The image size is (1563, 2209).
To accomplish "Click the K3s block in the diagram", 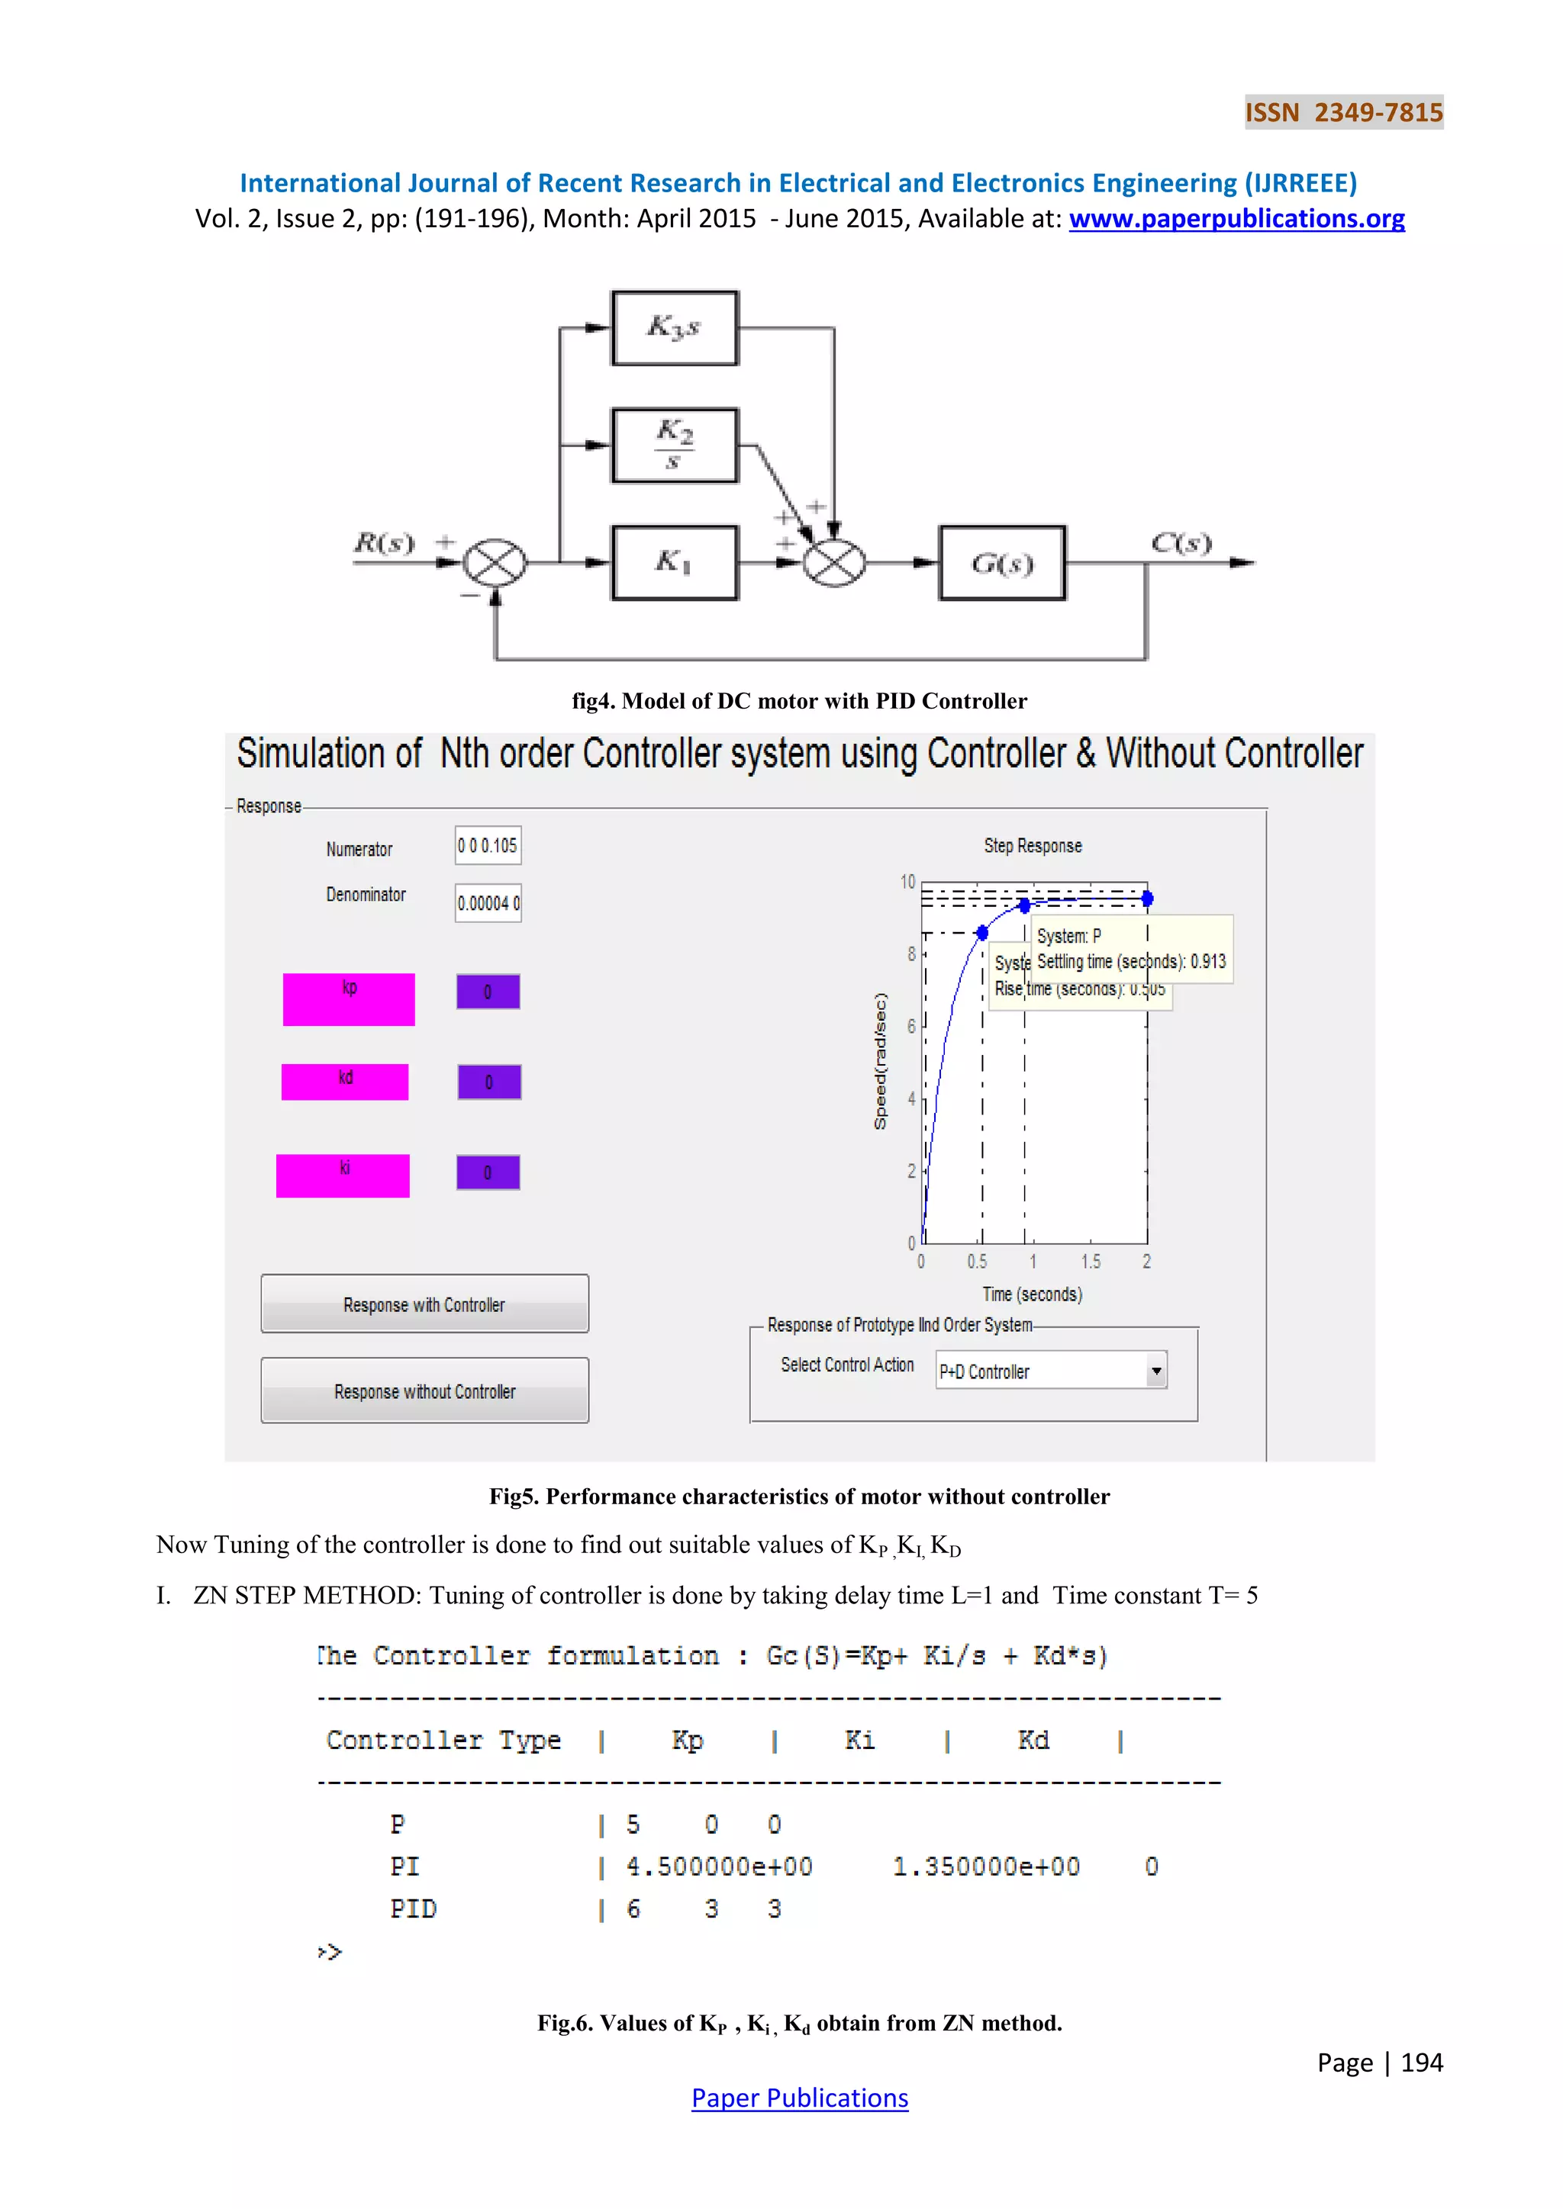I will [675, 328].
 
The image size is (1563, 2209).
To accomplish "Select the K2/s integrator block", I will [675, 445].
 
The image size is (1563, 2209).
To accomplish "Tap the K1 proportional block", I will [675, 563].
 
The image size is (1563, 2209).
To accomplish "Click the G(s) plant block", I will [1002, 563].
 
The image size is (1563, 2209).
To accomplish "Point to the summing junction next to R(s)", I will [495, 563].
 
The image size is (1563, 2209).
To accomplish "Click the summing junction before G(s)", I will [833, 563].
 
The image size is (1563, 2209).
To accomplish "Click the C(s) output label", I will [1181, 544].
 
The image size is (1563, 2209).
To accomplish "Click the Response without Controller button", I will [424, 1391].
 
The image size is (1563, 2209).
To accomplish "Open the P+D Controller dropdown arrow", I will [1156, 1370].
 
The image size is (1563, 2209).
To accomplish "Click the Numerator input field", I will [488, 846].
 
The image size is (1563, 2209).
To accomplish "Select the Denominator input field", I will [488, 902].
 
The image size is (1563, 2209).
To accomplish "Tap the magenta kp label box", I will [349, 998].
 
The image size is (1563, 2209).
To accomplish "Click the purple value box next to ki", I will [488, 1172].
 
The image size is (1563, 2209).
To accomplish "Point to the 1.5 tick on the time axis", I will [1091, 1262].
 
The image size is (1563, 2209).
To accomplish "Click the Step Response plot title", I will [1033, 846].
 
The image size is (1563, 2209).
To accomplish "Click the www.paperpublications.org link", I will [1236, 220].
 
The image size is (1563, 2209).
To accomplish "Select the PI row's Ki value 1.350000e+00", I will [987, 1867].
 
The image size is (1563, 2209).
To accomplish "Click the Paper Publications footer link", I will [800, 2098].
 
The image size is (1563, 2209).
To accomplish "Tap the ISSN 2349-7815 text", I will [1343, 113].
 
